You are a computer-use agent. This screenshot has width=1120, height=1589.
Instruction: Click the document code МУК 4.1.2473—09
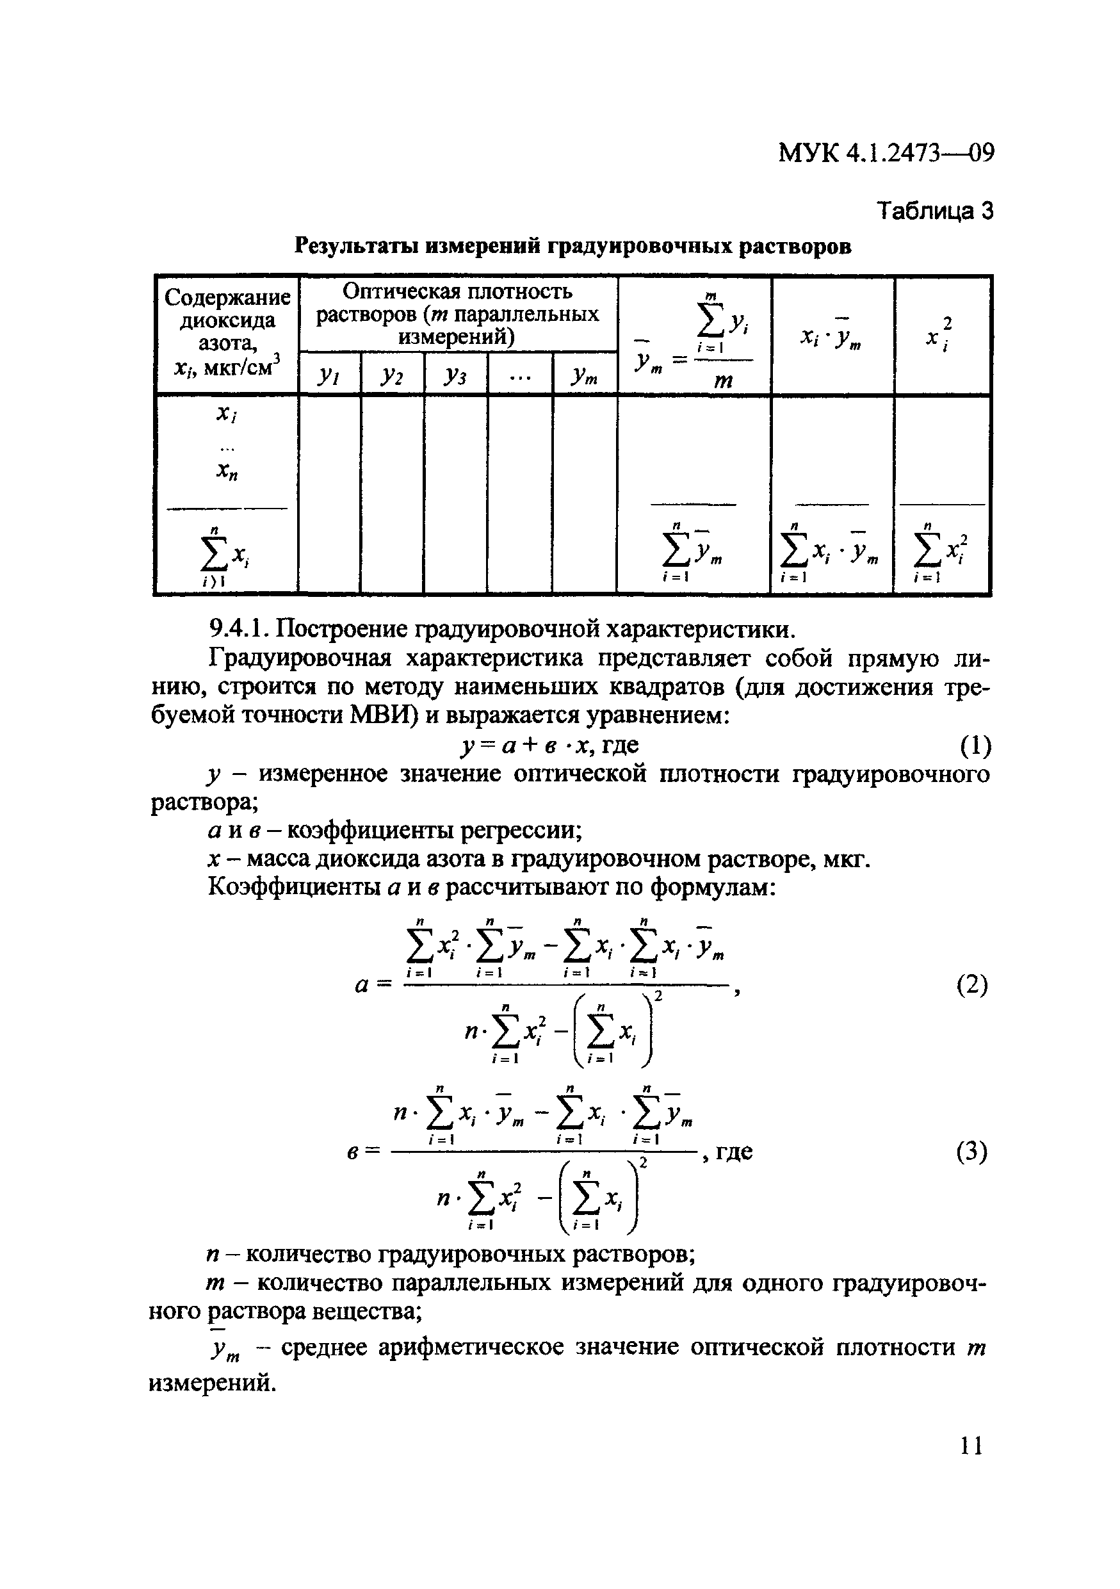(886, 152)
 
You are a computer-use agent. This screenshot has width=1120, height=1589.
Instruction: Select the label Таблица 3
(934, 210)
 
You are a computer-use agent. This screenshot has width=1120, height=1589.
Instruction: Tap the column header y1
(329, 375)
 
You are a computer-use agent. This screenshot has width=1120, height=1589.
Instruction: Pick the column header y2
(391, 375)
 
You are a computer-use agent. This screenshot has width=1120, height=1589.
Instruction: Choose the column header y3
(455, 375)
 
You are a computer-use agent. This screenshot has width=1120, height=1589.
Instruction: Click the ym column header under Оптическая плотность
(585, 376)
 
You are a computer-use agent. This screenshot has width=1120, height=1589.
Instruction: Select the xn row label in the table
(227, 471)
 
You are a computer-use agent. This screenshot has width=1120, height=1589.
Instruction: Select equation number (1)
(975, 746)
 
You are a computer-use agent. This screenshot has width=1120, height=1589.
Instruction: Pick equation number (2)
(972, 985)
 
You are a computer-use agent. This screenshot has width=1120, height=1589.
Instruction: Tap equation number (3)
(972, 1152)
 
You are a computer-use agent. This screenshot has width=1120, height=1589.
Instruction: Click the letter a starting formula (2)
(362, 986)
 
